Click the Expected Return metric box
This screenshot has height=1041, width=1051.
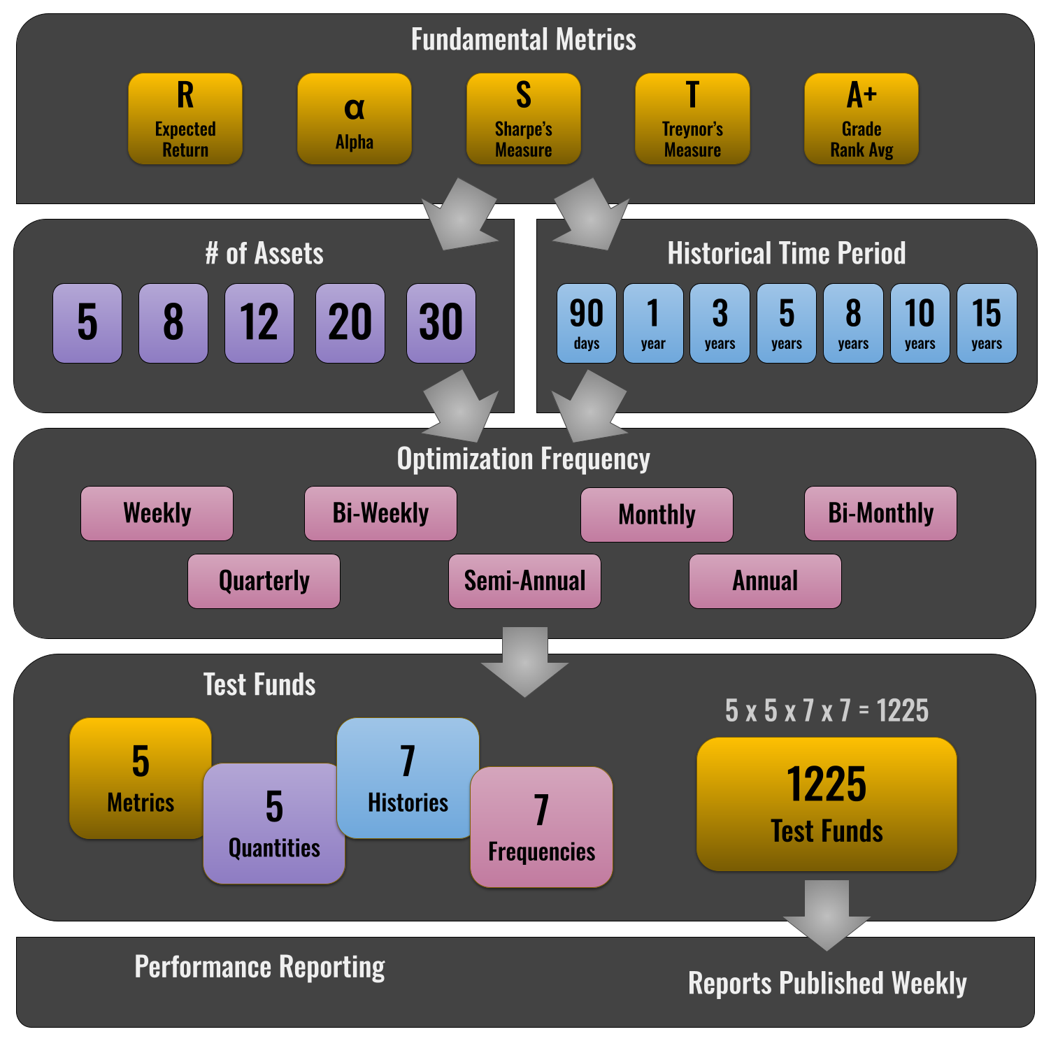185,119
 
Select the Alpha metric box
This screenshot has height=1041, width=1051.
355,119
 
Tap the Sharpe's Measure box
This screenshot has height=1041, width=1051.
524,119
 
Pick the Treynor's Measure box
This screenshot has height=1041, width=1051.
692,119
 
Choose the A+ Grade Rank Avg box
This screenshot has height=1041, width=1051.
861,119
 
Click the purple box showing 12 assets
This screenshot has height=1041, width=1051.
259,323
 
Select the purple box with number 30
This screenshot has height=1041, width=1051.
441,323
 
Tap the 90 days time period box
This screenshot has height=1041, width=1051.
587,323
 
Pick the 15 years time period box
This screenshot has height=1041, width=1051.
987,323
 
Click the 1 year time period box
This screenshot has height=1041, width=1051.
653,323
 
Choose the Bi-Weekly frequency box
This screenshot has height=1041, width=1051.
380,513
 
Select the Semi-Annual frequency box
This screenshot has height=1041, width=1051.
524,581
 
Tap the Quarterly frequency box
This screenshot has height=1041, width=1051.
264,581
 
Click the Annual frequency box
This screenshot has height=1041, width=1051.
765,581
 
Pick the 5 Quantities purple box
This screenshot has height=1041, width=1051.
274,824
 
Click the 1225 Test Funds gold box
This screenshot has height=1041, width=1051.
827,804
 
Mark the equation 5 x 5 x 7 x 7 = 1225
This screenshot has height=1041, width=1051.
827,711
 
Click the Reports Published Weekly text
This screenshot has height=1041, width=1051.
827,983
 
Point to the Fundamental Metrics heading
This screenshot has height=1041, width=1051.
524,40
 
